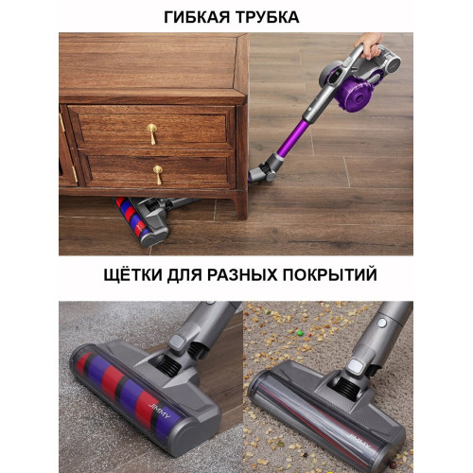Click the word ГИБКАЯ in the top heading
click(197, 17)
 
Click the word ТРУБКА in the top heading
click(268, 17)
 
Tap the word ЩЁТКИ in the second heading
click(132, 274)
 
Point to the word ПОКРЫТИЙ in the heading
click(329, 273)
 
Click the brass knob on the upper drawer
click(152, 133)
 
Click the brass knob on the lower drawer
click(158, 174)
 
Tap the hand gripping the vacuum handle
click(369, 45)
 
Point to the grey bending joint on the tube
click(266, 168)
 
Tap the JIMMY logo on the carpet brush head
click(359, 441)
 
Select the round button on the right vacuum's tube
click(382, 323)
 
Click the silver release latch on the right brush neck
click(356, 365)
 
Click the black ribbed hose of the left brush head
click(168, 365)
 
